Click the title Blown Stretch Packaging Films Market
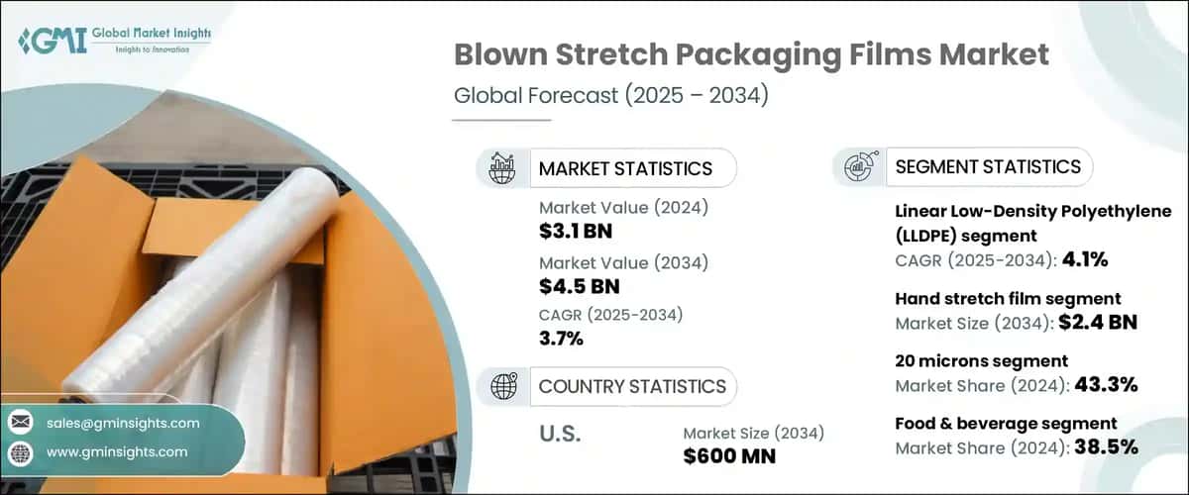(751, 55)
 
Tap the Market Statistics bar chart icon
(503, 167)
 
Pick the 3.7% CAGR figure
(561, 339)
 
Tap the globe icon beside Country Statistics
(503, 386)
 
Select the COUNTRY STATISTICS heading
(632, 386)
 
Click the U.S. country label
(561, 434)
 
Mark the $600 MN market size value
(730, 456)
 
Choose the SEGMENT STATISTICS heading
(988, 167)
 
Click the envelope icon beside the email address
(21, 423)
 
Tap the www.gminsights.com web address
(116, 452)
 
